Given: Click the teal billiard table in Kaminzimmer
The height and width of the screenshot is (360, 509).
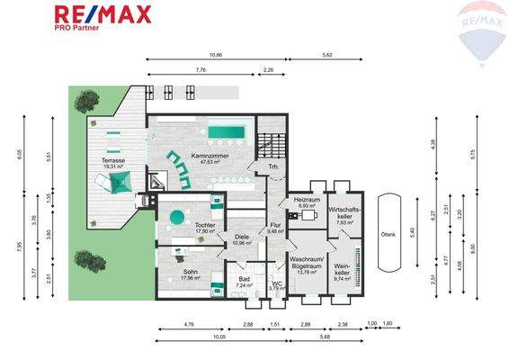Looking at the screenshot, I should tap(227, 133).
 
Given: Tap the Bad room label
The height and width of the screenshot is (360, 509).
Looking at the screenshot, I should tap(241, 280).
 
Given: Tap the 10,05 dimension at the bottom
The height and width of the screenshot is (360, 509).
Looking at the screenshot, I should tap(219, 338).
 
